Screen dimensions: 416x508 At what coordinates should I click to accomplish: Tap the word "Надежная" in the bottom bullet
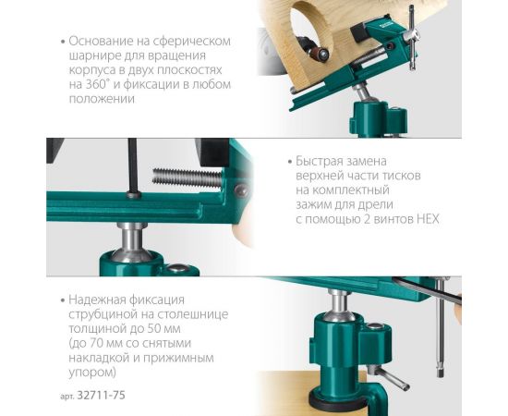[x=100, y=300]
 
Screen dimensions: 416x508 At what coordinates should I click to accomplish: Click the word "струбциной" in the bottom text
[x=102, y=314]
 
